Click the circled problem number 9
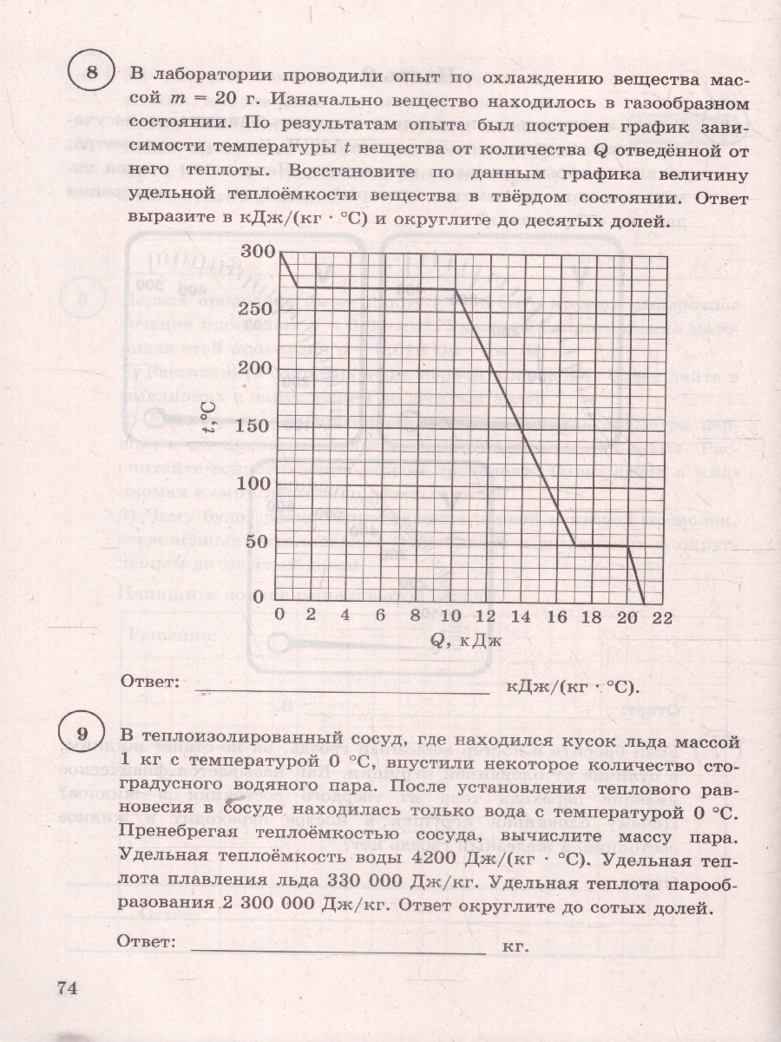pyautogui.click(x=84, y=741)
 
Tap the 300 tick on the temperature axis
pyautogui.click(x=261, y=251)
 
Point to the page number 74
pyautogui.click(x=68, y=988)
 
